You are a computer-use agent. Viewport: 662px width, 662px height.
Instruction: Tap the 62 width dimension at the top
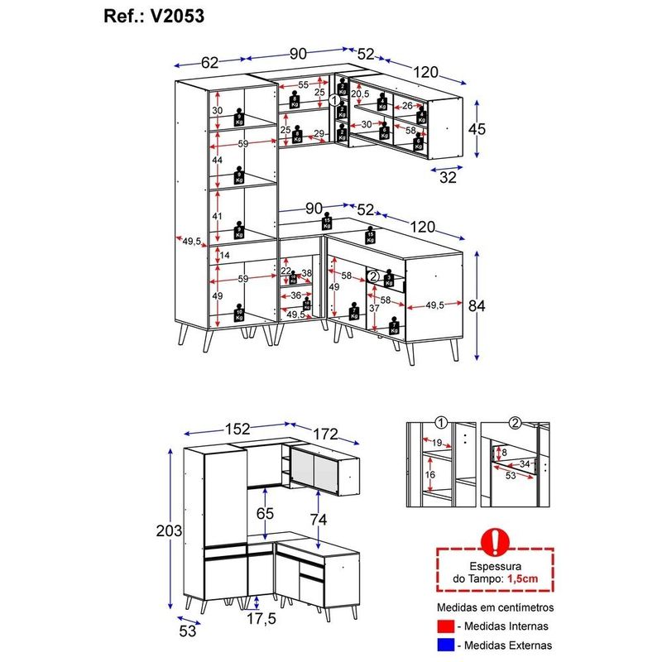click(x=209, y=61)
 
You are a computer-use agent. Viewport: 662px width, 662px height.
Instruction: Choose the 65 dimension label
click(x=265, y=513)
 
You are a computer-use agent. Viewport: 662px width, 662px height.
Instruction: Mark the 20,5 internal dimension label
click(x=360, y=94)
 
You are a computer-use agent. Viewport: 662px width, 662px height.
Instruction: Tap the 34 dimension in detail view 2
click(x=525, y=463)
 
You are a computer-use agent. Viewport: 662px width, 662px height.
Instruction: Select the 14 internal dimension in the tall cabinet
click(x=224, y=255)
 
